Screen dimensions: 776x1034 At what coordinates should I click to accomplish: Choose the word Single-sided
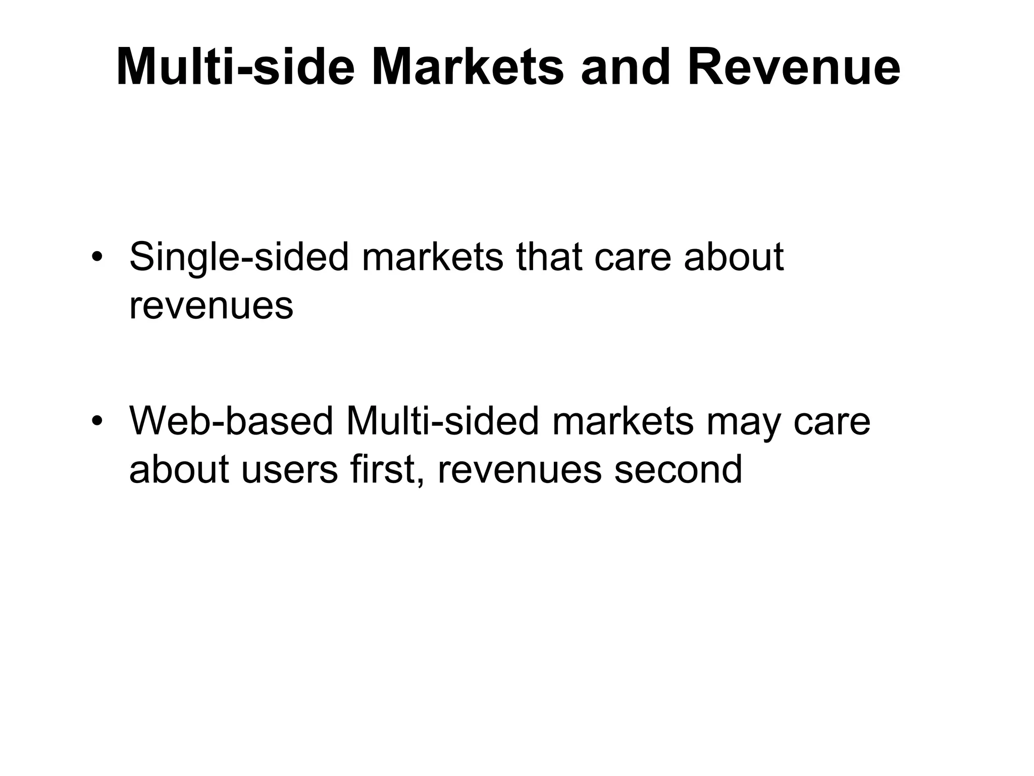click(x=239, y=257)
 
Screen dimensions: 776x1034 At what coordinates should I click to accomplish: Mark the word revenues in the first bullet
click(x=211, y=306)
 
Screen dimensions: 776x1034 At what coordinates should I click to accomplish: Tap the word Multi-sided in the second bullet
click(x=443, y=421)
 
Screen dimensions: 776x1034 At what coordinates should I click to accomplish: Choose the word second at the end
click(x=678, y=469)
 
